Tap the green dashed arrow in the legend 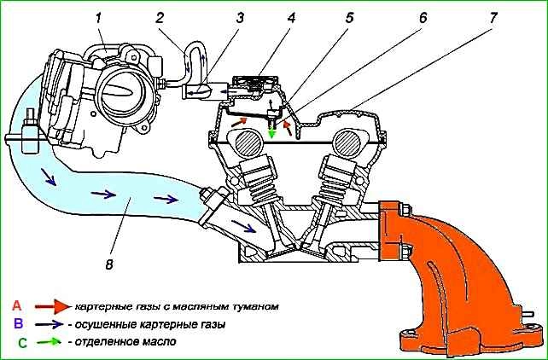(x=50, y=343)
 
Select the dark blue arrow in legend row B (x=50, y=324)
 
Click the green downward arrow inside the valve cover (x=272, y=131)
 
